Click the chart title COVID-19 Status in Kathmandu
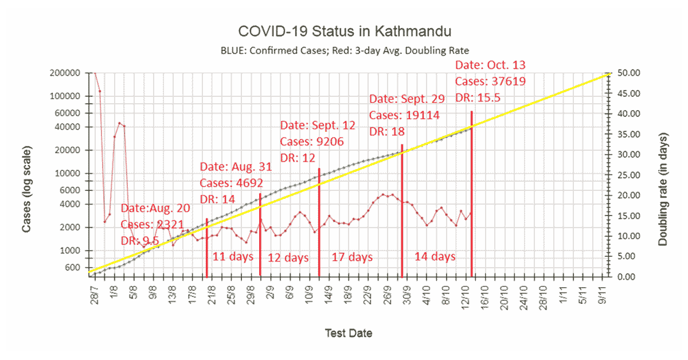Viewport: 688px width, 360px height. [345, 30]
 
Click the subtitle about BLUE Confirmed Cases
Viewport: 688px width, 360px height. [345, 50]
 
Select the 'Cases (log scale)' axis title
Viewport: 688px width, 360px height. [26, 190]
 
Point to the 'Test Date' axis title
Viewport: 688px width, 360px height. [348, 333]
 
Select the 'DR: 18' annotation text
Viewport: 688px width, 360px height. [387, 131]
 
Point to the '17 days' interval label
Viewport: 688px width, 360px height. [352, 256]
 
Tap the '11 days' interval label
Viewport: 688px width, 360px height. [233, 256]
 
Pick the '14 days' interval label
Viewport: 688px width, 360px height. [435, 256]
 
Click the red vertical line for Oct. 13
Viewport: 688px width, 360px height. [471, 195]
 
